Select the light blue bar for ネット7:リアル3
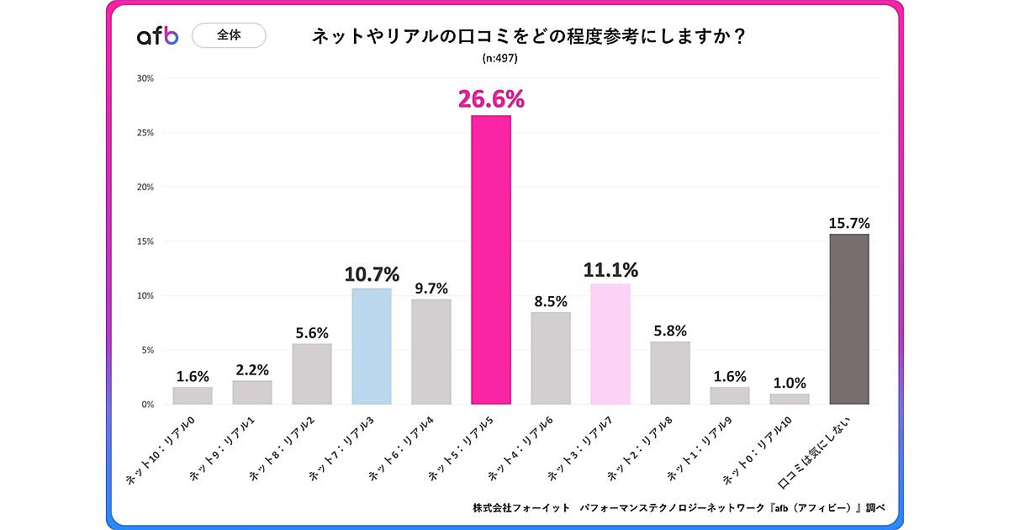click(371, 346)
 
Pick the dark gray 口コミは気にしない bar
click(849, 319)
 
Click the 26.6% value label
click(491, 99)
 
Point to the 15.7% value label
click(849, 223)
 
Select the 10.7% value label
click(372, 274)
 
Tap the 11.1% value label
click(611, 270)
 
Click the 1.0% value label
click(790, 383)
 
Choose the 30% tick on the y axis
click(145, 78)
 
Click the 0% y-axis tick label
click(147, 405)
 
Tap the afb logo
click(158, 36)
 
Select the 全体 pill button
click(230, 36)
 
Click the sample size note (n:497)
click(499, 59)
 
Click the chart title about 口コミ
click(531, 37)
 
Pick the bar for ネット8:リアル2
click(312, 374)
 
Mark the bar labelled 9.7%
click(431, 352)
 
